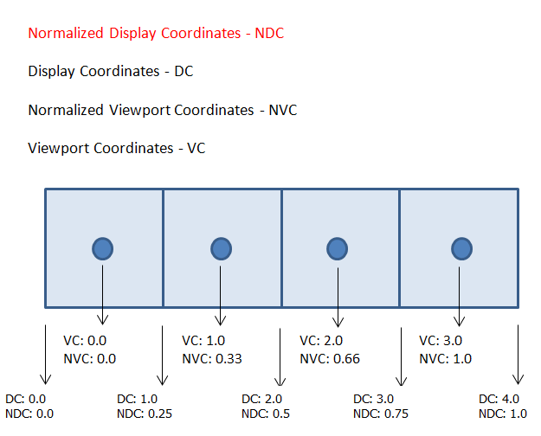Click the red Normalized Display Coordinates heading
pyautogui.click(x=156, y=34)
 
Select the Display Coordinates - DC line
pyautogui.click(x=111, y=72)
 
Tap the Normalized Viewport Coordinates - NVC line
pyautogui.click(x=163, y=111)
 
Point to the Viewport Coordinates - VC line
pyautogui.click(x=117, y=148)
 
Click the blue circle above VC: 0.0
pyautogui.click(x=102, y=248)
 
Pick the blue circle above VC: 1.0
pyautogui.click(x=222, y=248)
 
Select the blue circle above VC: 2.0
pyautogui.click(x=337, y=248)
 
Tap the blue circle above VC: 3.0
pyautogui.click(x=461, y=248)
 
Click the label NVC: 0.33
pyautogui.click(x=212, y=359)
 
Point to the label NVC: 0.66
pyautogui.click(x=330, y=359)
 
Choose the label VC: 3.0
pyautogui.click(x=441, y=341)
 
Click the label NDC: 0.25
pyautogui.click(x=145, y=414)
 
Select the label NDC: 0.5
pyautogui.click(x=266, y=414)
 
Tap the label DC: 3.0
pyautogui.click(x=373, y=399)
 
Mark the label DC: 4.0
pyautogui.click(x=499, y=399)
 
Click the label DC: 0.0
pyautogui.click(x=25, y=399)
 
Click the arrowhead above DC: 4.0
pyautogui.click(x=518, y=380)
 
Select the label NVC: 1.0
pyautogui.click(x=446, y=359)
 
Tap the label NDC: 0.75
pyautogui.click(x=381, y=414)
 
